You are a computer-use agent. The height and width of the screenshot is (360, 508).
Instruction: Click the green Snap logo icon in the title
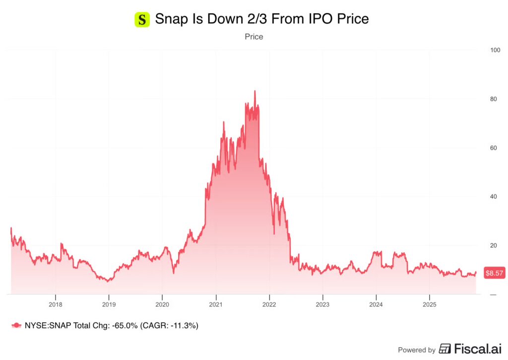click(142, 20)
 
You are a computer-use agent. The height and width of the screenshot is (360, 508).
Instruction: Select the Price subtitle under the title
click(254, 37)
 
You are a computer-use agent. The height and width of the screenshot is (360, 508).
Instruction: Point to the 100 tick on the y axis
click(495, 50)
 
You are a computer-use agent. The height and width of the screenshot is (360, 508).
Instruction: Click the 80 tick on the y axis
click(493, 99)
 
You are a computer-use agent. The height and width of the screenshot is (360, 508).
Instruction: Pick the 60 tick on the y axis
click(493, 148)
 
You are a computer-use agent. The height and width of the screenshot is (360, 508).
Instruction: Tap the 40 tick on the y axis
click(493, 197)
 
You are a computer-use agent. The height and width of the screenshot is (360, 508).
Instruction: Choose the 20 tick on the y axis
click(493, 245)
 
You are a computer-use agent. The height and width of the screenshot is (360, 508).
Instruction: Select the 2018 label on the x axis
click(56, 304)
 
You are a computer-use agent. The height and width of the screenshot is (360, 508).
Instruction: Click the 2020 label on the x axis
click(162, 304)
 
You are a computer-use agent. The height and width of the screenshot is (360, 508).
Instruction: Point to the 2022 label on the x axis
click(269, 304)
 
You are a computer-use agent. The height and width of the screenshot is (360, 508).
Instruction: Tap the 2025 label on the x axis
click(429, 304)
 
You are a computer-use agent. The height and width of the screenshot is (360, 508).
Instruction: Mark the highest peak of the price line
click(254, 91)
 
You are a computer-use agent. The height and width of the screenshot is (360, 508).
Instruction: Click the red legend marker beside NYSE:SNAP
click(17, 325)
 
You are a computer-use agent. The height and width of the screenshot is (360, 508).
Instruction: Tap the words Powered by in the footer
click(417, 350)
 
